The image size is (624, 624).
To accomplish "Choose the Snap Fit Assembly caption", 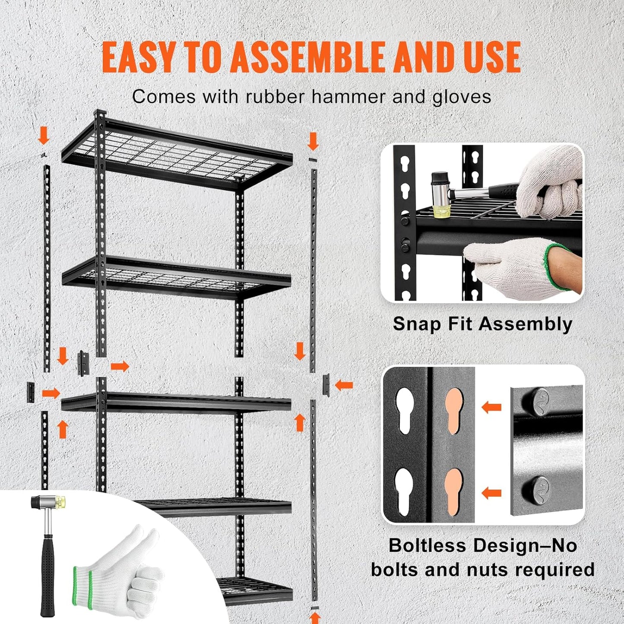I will pyautogui.click(x=482, y=324).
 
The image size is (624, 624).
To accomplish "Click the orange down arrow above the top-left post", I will pyautogui.click(x=44, y=137).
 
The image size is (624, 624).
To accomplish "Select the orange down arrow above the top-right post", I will pyautogui.click(x=313, y=142).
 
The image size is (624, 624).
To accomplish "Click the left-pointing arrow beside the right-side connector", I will pyautogui.click(x=344, y=384).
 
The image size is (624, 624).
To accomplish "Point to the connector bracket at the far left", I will pyautogui.click(x=30, y=392).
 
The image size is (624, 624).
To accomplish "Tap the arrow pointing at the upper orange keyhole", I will pyautogui.click(x=491, y=407).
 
